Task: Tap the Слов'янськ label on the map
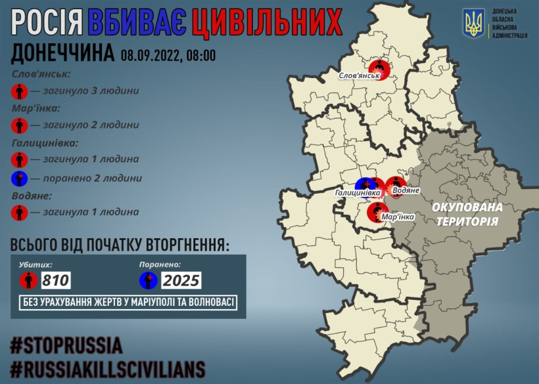(x=360, y=77)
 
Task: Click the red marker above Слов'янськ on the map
(x=379, y=67)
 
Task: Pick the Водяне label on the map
(x=406, y=190)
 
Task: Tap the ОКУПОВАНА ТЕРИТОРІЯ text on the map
(x=467, y=214)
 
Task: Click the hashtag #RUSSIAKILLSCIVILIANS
(x=107, y=368)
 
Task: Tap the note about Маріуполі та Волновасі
(x=128, y=302)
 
